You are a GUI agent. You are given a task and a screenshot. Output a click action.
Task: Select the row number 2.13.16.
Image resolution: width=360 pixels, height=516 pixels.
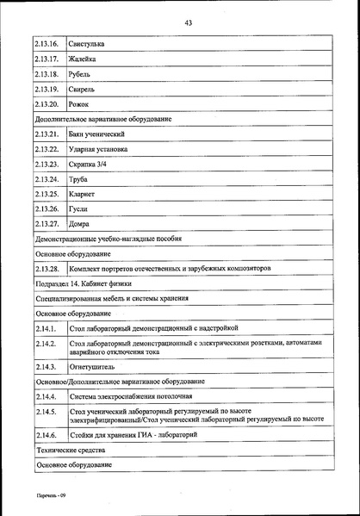coord(47,43)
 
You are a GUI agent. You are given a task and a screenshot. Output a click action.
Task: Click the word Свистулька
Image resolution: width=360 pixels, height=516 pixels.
coord(88,43)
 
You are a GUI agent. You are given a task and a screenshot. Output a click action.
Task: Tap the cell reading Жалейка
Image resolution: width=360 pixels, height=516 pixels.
coord(83,59)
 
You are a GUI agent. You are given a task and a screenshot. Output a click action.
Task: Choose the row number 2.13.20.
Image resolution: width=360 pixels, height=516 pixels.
coord(47,104)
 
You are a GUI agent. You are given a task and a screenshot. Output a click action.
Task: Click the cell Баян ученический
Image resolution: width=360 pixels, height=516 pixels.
coord(97,134)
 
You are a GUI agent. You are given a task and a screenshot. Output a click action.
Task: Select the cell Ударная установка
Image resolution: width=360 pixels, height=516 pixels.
coord(99,149)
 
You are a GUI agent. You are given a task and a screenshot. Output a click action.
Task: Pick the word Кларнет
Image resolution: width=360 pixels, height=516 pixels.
coord(84,194)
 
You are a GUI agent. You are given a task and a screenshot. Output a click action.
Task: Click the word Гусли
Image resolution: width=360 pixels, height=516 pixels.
coord(79,208)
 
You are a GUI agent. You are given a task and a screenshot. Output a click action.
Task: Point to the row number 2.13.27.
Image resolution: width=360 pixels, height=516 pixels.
coord(47,224)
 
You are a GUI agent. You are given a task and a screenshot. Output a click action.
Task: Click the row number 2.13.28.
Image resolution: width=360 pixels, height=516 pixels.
coord(47,269)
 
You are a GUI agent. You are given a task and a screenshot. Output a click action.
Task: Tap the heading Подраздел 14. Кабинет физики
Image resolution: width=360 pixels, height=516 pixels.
coord(85,283)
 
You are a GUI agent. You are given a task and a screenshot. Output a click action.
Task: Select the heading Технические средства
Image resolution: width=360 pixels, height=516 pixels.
coord(71,451)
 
